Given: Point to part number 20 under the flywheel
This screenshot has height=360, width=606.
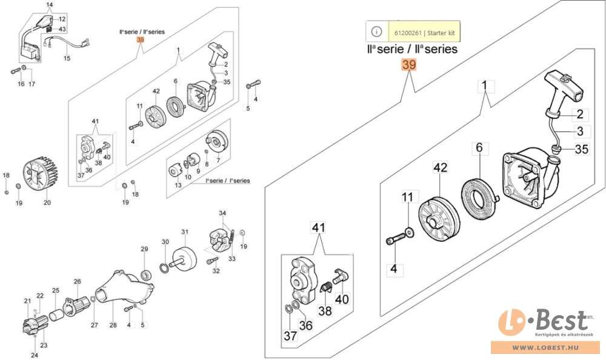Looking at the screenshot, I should (47, 202).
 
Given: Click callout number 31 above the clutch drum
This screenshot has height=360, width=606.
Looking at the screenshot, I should (185, 232).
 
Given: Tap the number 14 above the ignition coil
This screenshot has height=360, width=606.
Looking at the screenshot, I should (50, 5).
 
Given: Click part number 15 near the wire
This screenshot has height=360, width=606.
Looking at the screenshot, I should (67, 59).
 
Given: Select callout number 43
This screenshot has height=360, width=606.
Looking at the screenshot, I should (62, 29).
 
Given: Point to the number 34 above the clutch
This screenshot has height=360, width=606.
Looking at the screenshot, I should (222, 213).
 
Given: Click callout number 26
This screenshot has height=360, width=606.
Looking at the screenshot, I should (77, 281).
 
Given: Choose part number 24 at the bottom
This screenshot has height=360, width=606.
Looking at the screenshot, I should (35, 355).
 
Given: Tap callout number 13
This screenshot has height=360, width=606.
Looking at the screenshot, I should (178, 184).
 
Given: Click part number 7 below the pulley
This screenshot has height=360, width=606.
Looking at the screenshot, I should (218, 159).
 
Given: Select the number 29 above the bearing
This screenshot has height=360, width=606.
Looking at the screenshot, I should (144, 249).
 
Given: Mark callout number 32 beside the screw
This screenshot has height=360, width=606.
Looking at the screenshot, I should (216, 271).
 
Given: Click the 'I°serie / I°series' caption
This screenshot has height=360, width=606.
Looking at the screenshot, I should (228, 181).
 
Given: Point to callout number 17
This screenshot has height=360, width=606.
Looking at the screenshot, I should (32, 84).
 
